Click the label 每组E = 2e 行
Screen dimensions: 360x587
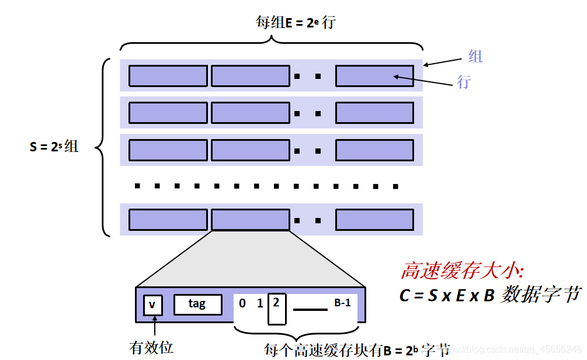pyautogui.click(x=296, y=23)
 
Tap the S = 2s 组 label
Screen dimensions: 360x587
pyautogui.click(x=54, y=146)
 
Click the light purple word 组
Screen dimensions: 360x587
pyautogui.click(x=475, y=56)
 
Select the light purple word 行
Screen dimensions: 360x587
pyautogui.click(x=463, y=82)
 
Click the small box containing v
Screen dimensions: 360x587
pyautogui.click(x=152, y=304)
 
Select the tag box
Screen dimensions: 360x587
pyautogui.click(x=197, y=304)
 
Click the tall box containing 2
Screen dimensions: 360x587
pyautogui.click(x=276, y=308)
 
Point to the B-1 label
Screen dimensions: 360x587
pyautogui.click(x=342, y=303)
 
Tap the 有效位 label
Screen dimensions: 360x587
pyautogui.click(x=151, y=348)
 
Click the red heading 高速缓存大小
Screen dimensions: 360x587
pyautogui.click(x=462, y=271)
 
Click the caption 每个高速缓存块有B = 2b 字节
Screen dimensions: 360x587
pyautogui.click(x=356, y=350)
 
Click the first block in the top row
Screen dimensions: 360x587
pyautogui.click(x=168, y=76)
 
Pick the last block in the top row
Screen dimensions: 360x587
pyautogui.click(x=374, y=76)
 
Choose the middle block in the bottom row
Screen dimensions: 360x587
pyautogui.click(x=250, y=219)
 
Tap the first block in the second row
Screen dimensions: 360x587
pyautogui.click(x=168, y=113)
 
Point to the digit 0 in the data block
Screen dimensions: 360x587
pyautogui.click(x=242, y=304)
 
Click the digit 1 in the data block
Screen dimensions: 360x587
pyautogui.click(x=260, y=304)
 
